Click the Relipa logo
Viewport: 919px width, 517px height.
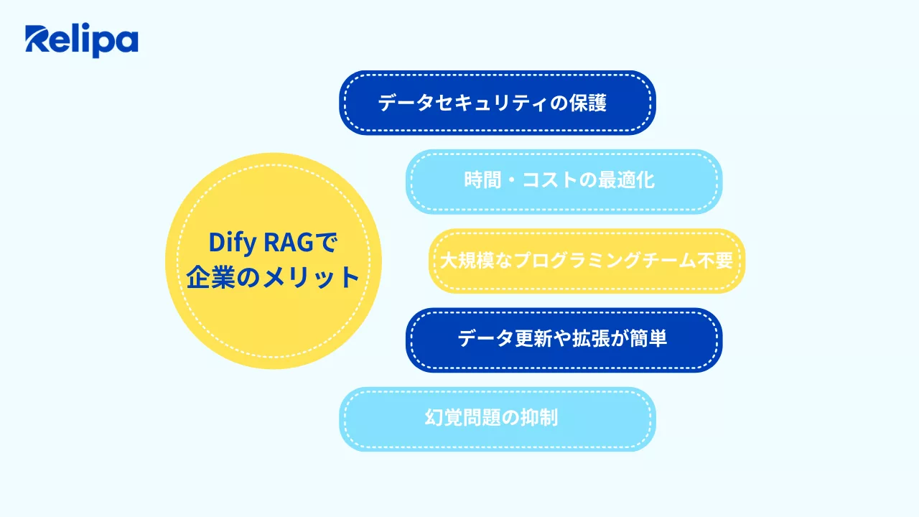pyautogui.click(x=81, y=41)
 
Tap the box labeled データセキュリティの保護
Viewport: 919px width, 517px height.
pyautogui.click(x=497, y=103)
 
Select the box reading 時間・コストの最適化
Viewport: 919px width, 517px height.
pyautogui.click(x=564, y=181)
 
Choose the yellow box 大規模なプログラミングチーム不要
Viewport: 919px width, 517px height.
pyautogui.click(x=586, y=261)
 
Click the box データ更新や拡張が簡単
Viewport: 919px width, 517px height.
pyautogui.click(x=564, y=340)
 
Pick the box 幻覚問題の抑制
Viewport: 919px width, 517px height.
pyautogui.click(x=497, y=419)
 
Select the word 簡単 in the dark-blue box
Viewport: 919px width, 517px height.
pyautogui.click(x=648, y=338)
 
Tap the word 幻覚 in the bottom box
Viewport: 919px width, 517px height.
pyautogui.click(x=442, y=419)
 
